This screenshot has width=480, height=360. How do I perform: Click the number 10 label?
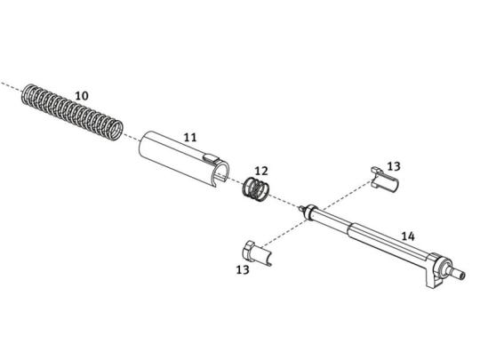tap(82, 96)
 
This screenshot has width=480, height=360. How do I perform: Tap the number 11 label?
tap(190, 137)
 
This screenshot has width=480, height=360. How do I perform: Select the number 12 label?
tap(261, 171)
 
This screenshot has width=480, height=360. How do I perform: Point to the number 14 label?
tap(408, 236)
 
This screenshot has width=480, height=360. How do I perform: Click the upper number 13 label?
tap(394, 166)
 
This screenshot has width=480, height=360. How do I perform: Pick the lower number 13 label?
tap(243, 269)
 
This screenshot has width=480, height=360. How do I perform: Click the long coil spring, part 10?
tap(72, 112)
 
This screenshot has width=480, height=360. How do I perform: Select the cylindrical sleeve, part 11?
tap(184, 158)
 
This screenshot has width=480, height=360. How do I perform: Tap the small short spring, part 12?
tap(256, 188)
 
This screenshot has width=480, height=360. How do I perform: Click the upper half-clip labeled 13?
tap(385, 180)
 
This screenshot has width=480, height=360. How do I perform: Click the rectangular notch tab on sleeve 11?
tap(212, 158)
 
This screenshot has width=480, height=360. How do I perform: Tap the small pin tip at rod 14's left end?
tap(302, 209)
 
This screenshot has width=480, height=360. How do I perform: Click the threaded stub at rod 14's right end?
tap(458, 273)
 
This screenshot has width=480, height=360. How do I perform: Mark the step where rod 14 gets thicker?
tap(350, 229)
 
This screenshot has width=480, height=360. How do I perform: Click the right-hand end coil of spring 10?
tap(116, 131)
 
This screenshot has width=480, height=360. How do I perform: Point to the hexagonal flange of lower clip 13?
tap(248, 251)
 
